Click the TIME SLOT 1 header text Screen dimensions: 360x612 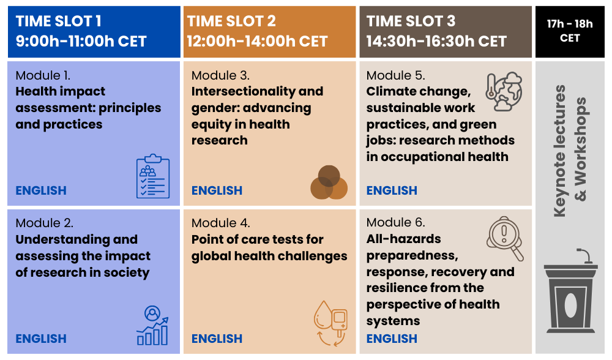tap(59, 21)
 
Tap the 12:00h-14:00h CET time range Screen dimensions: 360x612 tap(258, 42)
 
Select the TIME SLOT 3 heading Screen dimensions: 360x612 tap(411, 21)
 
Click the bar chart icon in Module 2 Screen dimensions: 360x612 tap(152, 326)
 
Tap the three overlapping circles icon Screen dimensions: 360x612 tap(329, 182)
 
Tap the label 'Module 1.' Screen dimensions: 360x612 tap(43, 76)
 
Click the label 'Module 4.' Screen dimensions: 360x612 tap(220, 223)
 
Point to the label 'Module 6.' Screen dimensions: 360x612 tap(395, 222)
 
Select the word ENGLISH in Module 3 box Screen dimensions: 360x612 tap(217, 190)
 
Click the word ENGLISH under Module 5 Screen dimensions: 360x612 tap(392, 190)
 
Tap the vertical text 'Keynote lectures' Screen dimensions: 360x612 tap(559, 150)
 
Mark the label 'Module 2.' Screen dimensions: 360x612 tap(44, 223)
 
